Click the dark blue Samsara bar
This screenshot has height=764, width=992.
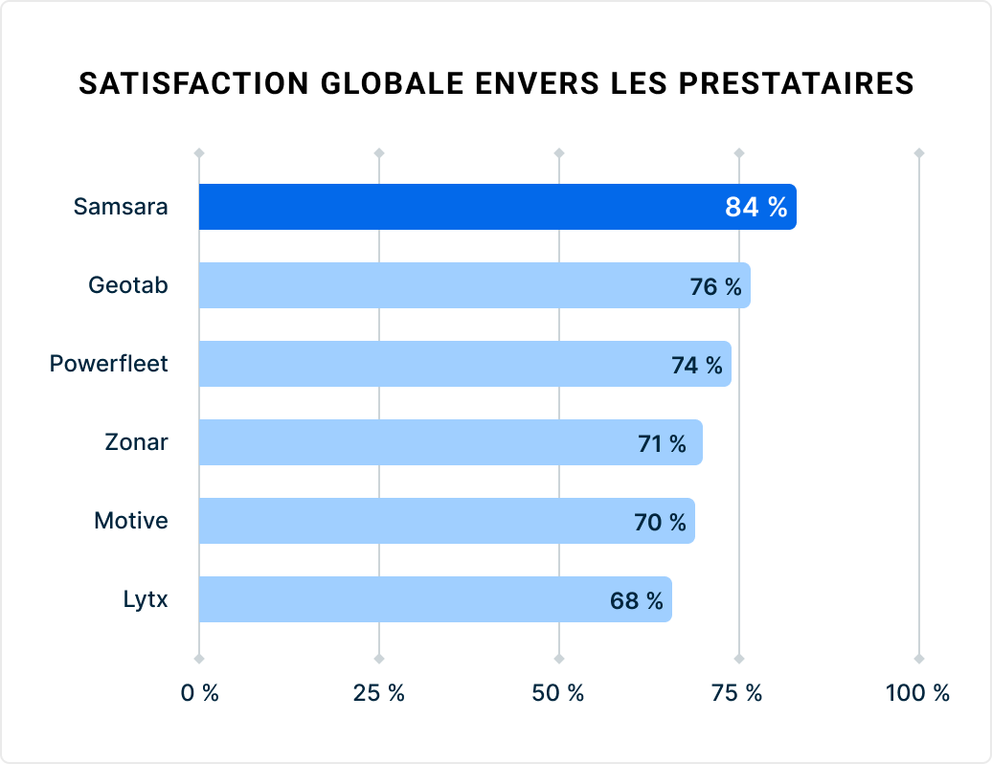coord(460,207)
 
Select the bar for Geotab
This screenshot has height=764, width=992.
coord(440,285)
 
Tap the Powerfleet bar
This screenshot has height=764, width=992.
coord(431,364)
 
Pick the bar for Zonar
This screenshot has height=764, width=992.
coord(412,442)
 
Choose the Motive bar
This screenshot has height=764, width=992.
coord(412,521)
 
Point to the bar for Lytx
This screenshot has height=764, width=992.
coord(402,599)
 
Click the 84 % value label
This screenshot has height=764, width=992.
coord(755,207)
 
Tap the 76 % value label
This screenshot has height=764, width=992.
coord(715,286)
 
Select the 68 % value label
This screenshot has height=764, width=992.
coord(636,600)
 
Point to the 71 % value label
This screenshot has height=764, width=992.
coord(662,443)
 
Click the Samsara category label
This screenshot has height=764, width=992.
coord(121,207)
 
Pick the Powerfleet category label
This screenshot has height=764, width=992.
coord(108,364)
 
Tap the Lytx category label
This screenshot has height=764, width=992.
coord(145,600)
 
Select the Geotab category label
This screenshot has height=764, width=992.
coord(128,285)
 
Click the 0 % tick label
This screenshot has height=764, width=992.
coord(199,694)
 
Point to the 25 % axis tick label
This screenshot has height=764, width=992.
coord(379,694)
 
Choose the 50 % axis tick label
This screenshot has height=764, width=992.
coord(558,694)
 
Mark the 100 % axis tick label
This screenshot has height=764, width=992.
coord(917,694)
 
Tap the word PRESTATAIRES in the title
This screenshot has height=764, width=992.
coord(796,84)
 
